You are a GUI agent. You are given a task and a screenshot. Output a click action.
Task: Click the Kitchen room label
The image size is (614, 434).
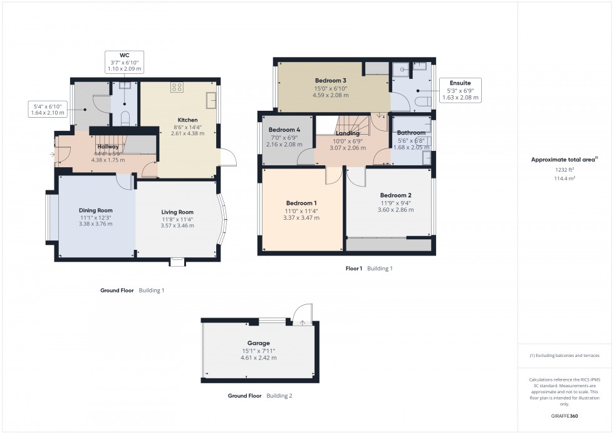187,120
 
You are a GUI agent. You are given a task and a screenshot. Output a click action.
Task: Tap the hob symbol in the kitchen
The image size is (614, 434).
177,88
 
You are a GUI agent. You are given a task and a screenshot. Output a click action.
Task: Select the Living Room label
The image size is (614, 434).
178,212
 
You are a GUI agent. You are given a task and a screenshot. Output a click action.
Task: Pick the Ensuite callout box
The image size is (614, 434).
460,90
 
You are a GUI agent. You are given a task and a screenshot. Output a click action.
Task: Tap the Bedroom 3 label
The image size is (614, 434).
330,81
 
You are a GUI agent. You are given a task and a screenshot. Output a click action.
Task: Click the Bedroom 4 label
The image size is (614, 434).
281,130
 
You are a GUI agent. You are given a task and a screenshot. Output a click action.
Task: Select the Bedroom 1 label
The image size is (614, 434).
301,203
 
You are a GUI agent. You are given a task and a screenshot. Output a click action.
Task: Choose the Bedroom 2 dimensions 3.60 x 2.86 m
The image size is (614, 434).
395,210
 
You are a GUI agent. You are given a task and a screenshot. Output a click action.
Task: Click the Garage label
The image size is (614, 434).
258,343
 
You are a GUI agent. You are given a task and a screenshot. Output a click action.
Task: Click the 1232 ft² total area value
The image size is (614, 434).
565,170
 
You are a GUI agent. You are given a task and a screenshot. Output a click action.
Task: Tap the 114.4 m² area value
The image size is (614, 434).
565,178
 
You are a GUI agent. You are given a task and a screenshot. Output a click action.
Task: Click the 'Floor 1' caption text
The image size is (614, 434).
354,268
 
